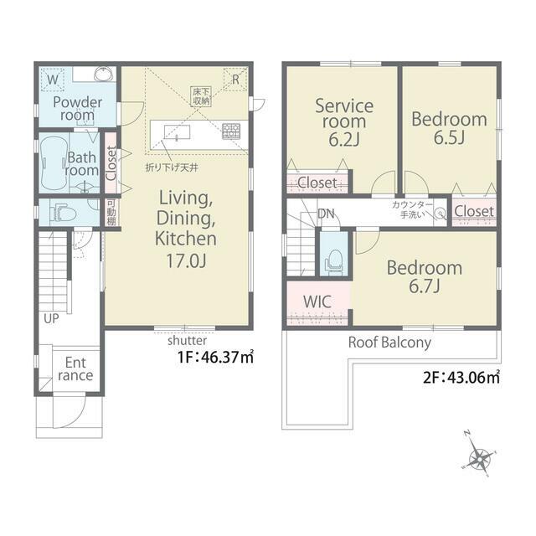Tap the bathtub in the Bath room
[x=54, y=162]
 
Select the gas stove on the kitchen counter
[x=231, y=131]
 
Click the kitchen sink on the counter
[x=177, y=132]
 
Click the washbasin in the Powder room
[x=104, y=74]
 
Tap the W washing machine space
[x=52, y=80]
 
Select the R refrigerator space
[x=235, y=80]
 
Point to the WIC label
[x=317, y=301]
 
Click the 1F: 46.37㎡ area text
[x=215, y=357]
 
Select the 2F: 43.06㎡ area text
[x=461, y=378]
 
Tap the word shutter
[x=187, y=341]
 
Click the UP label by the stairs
[x=51, y=318]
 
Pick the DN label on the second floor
[x=326, y=214]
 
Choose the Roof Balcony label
[x=389, y=343]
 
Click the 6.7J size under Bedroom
[x=425, y=286]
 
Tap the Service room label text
[x=344, y=114]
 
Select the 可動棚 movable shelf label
[x=111, y=213]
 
